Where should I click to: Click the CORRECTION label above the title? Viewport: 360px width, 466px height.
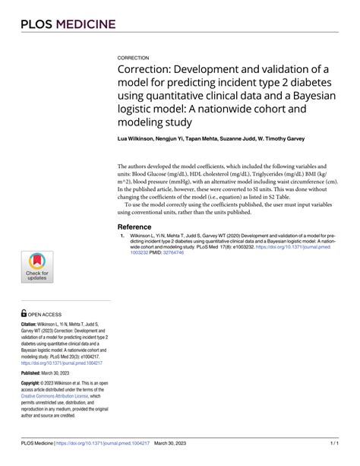(x=133, y=58)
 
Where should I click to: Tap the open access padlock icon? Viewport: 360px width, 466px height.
(x=24, y=312)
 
